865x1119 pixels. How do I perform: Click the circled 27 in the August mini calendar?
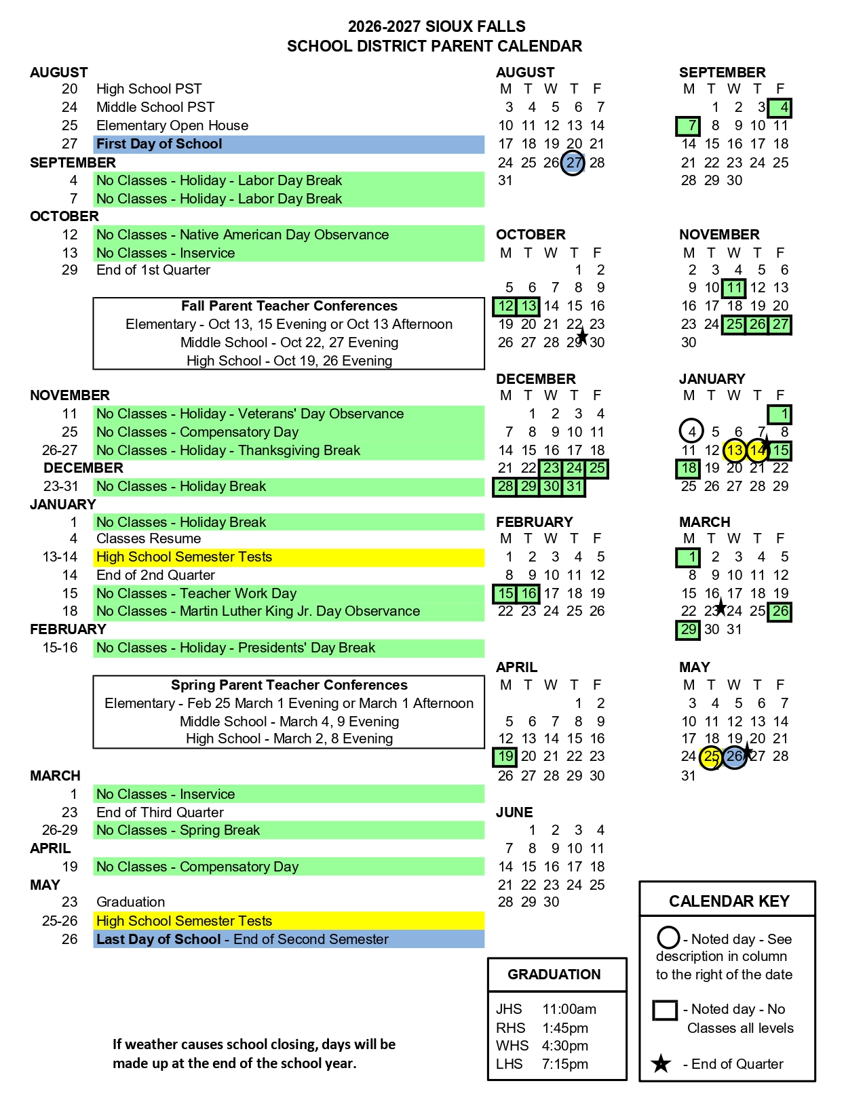click(x=573, y=163)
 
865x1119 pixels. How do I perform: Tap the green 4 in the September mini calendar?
click(x=780, y=107)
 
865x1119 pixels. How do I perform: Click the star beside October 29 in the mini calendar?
click(x=582, y=336)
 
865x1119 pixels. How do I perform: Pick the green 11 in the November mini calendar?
click(x=733, y=288)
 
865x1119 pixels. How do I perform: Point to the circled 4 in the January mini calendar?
click(x=691, y=431)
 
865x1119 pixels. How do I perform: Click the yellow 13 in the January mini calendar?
click(x=734, y=450)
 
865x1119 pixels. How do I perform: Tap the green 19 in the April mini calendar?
click(x=505, y=757)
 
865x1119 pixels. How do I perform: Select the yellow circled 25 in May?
click(x=711, y=757)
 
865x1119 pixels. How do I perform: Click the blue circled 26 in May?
click(x=734, y=757)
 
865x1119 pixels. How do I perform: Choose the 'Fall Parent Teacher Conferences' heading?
click(x=289, y=306)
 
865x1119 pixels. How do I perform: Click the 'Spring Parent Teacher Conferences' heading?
click(x=289, y=685)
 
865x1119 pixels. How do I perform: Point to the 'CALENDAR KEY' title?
click(x=729, y=901)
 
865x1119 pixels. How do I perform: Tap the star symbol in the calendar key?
click(x=661, y=1064)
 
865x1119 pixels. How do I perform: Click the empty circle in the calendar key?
click(x=668, y=938)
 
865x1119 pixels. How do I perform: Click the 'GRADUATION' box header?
click(x=554, y=975)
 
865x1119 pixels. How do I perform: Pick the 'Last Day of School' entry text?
click(x=158, y=939)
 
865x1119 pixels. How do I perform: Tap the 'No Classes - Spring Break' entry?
click(x=178, y=830)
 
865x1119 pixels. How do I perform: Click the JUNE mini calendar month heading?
click(x=514, y=812)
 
